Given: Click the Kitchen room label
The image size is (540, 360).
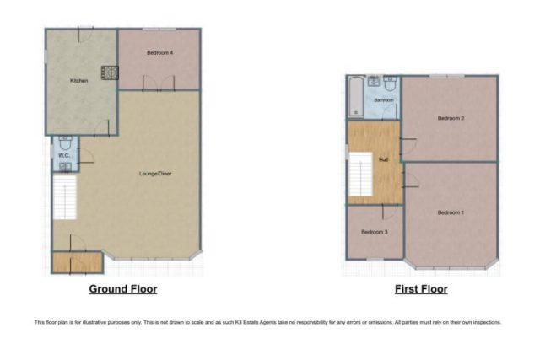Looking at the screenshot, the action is pyautogui.click(x=78, y=81).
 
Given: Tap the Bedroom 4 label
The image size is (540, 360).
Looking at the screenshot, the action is pyautogui.click(x=159, y=52).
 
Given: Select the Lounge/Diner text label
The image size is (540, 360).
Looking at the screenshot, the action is pyautogui.click(x=155, y=174).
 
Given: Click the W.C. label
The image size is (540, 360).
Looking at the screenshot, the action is pyautogui.click(x=64, y=156).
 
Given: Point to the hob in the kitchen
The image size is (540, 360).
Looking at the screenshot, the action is pyautogui.click(x=110, y=73).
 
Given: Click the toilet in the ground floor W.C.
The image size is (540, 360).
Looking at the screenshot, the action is pyautogui.click(x=65, y=142).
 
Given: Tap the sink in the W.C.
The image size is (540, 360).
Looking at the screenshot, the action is pyautogui.click(x=65, y=167).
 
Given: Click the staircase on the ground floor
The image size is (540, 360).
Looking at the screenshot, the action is pyautogui.click(x=65, y=197).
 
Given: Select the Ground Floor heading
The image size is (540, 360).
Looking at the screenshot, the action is pyautogui.click(x=123, y=289).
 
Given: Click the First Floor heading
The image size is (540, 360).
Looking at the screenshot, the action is pyautogui.click(x=421, y=289).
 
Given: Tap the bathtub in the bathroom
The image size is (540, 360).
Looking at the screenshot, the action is pyautogui.click(x=356, y=96).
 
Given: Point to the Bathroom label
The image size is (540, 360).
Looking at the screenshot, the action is pyautogui.click(x=384, y=100).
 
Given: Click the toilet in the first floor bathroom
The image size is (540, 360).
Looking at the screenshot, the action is pyautogui.click(x=390, y=83).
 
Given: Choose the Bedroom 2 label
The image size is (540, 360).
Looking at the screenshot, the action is pyautogui.click(x=451, y=118).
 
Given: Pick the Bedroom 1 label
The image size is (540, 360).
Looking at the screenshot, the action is pyautogui.click(x=451, y=212).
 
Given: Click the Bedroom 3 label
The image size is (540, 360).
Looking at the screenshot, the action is pyautogui.click(x=375, y=232).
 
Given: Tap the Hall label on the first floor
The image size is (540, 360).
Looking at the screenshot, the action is pyautogui.click(x=383, y=159).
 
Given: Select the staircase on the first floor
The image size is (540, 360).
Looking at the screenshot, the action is pyautogui.click(x=360, y=175).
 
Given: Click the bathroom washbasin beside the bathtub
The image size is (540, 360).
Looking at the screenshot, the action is pyautogui.click(x=374, y=81).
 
